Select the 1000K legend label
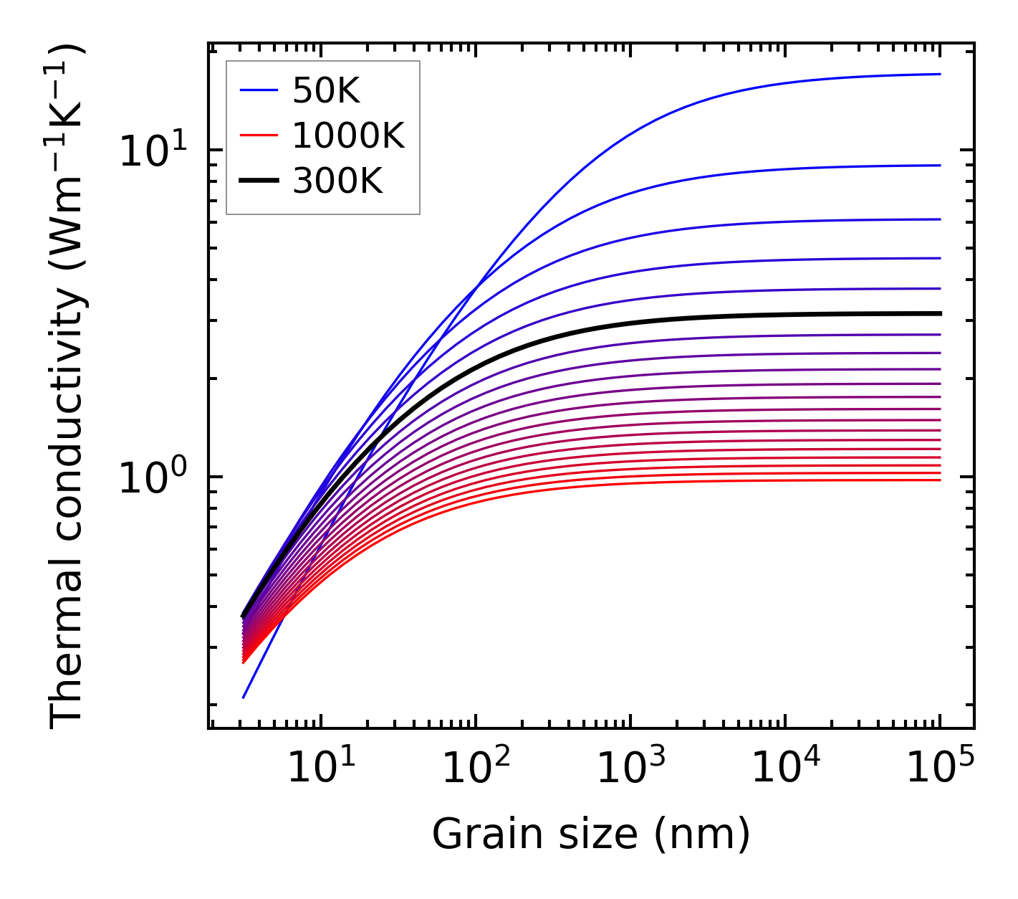[x=348, y=136]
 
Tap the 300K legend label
[x=337, y=182]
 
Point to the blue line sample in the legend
[x=258, y=91]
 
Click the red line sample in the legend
[x=258, y=136]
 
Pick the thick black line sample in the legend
[x=258, y=182]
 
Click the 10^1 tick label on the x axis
[x=320, y=770]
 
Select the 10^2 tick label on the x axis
[x=474, y=770]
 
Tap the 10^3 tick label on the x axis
[x=629, y=770]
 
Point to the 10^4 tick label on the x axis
[x=784, y=770]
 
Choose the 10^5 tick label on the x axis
[x=938, y=770]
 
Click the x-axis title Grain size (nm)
[x=591, y=834]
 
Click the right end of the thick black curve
[x=939, y=313]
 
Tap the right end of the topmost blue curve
[x=939, y=74]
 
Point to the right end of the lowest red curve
[x=939, y=480]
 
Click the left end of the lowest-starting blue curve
[x=244, y=697]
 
